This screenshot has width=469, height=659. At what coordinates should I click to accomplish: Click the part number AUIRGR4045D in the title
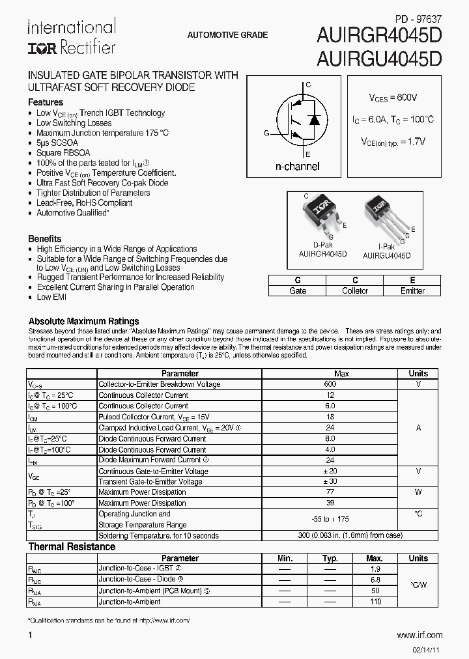click(379, 36)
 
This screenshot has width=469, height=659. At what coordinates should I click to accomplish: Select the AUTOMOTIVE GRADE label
click(227, 35)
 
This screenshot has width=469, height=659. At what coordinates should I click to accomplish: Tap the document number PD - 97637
click(418, 20)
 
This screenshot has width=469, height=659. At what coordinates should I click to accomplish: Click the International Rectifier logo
click(71, 37)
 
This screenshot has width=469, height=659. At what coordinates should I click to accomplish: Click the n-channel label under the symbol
click(297, 167)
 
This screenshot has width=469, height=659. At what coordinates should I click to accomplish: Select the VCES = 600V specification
click(393, 98)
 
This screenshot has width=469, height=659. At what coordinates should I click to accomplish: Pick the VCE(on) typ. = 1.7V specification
click(393, 141)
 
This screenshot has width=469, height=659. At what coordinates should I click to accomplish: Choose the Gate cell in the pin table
click(298, 290)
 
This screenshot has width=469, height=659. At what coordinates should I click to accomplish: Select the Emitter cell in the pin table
click(412, 290)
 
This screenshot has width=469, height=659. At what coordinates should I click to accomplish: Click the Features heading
click(46, 102)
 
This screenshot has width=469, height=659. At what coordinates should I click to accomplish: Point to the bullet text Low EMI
click(51, 297)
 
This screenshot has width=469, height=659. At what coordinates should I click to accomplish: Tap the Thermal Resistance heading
click(72, 547)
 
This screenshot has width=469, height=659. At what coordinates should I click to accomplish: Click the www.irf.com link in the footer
click(419, 635)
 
